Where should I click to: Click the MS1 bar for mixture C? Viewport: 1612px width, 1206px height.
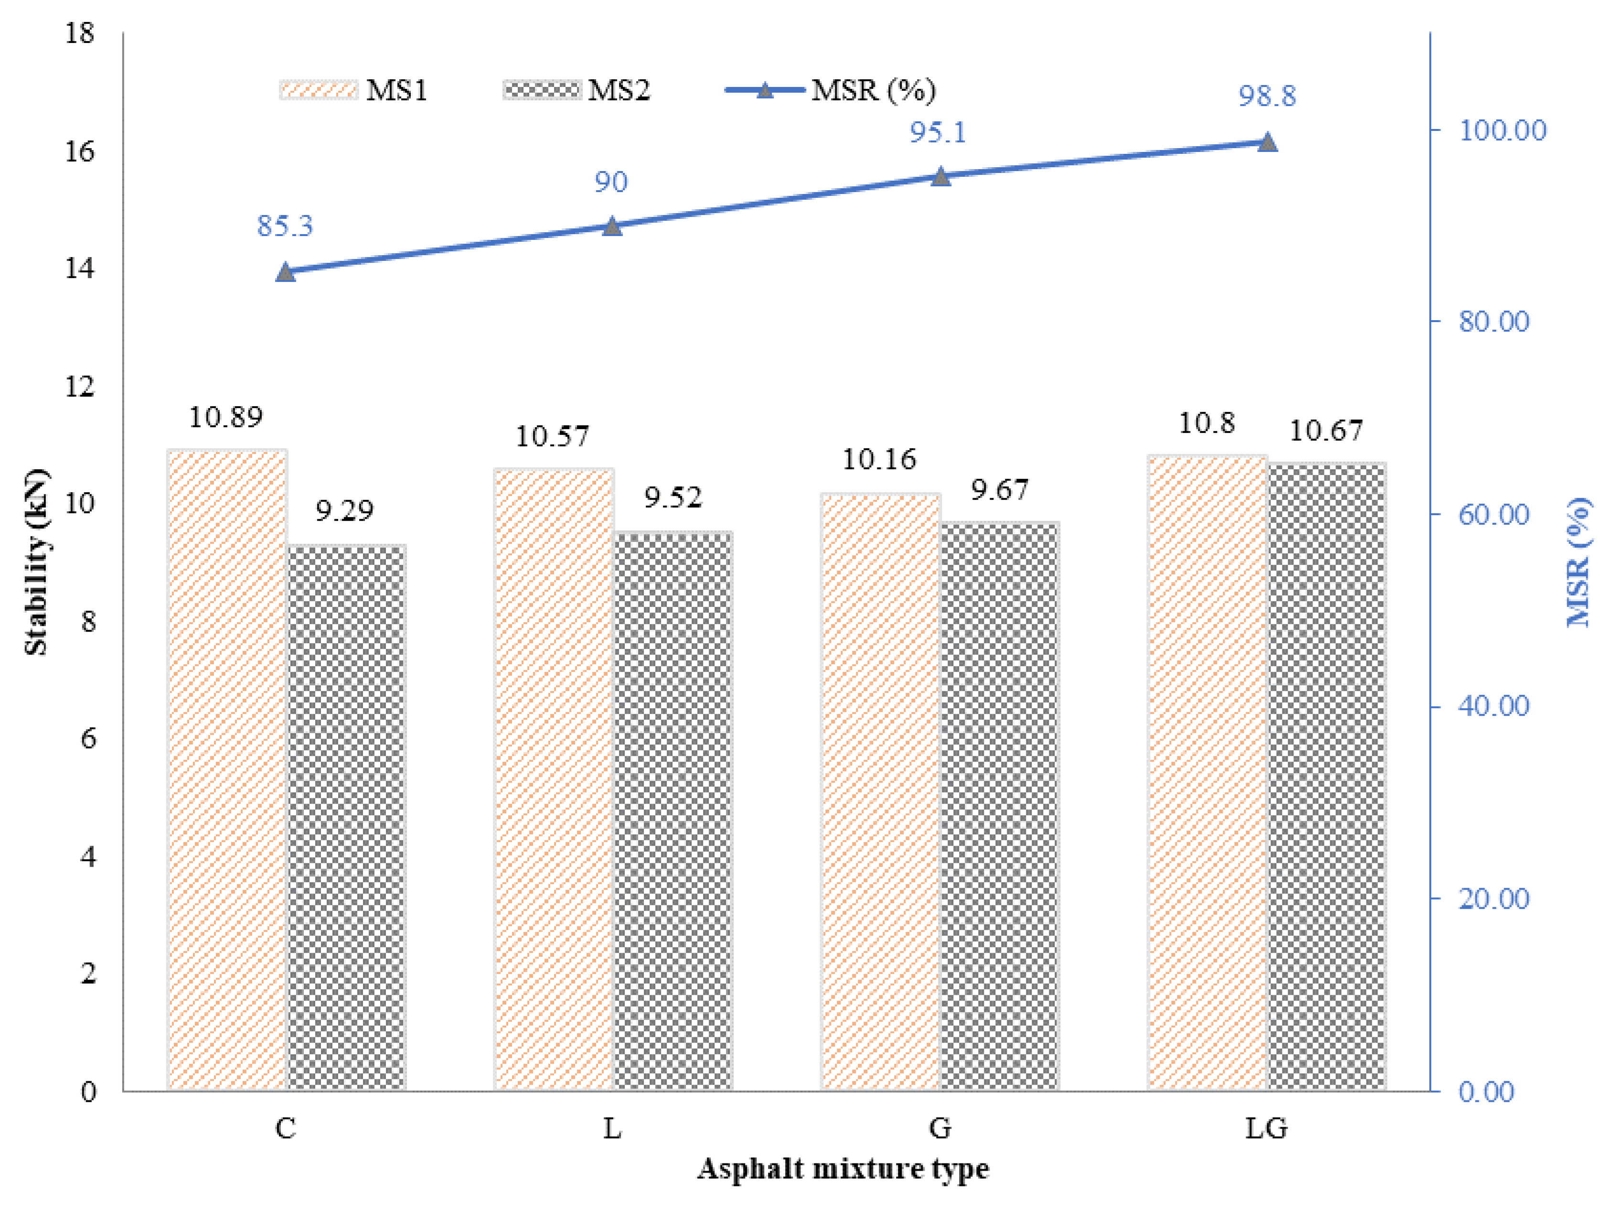click(x=227, y=769)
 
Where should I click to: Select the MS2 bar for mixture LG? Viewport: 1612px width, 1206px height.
click(x=1326, y=776)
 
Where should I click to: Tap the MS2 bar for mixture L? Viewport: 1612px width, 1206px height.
click(x=672, y=811)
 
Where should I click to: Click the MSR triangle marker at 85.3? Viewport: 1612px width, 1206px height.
click(x=286, y=272)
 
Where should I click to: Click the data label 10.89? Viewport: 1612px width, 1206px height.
click(x=225, y=417)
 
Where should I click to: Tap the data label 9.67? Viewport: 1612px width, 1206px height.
click(x=999, y=489)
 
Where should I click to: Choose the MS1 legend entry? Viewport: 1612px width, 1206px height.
click(x=355, y=90)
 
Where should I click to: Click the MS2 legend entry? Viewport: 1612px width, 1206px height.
click(x=577, y=90)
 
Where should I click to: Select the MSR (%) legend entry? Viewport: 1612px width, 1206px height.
click(x=831, y=90)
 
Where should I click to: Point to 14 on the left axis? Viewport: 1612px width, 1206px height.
click(x=79, y=269)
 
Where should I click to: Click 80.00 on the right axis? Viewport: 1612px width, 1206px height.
click(x=1493, y=322)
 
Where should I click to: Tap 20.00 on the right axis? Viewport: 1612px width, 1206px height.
click(x=1493, y=898)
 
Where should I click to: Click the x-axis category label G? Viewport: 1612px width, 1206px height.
click(x=939, y=1128)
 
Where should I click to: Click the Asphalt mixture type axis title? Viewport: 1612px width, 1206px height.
click(x=843, y=1169)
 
